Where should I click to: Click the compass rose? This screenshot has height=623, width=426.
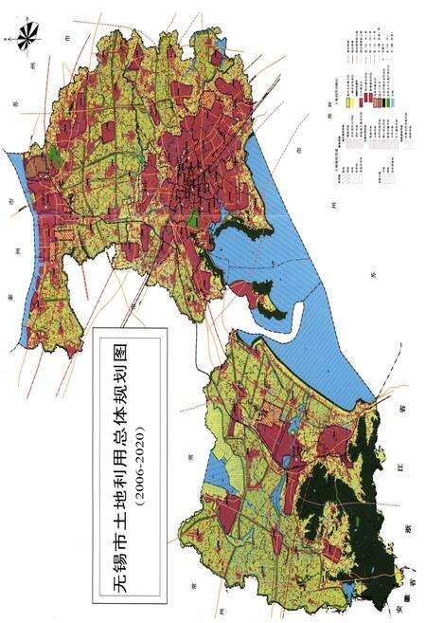(x=27, y=35)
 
